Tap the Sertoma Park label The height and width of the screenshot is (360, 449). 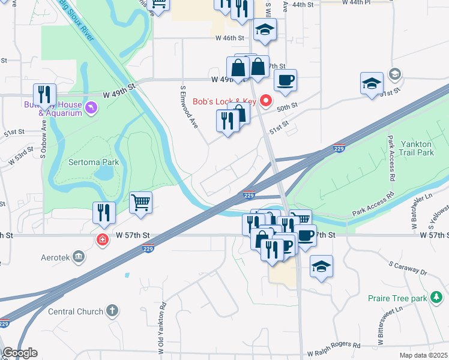click(94, 162)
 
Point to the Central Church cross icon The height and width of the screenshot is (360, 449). click(111, 310)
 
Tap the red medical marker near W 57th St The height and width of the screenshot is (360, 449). click(103, 240)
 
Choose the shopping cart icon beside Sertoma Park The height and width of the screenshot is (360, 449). click(141, 202)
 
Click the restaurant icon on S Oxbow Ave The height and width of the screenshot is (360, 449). click(44, 94)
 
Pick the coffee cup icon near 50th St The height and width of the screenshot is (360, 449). click(285, 80)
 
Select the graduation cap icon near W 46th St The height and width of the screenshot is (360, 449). click(265, 29)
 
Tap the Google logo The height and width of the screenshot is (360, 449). click(20, 353)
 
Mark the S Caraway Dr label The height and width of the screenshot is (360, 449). click(407, 268)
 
